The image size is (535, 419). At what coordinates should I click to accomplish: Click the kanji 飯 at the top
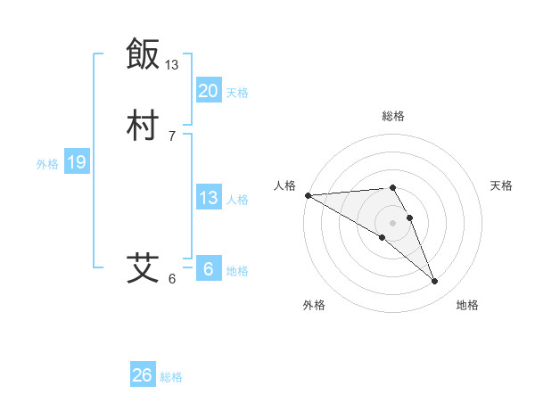point(143,53)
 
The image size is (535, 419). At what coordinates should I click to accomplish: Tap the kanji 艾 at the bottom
point(143,267)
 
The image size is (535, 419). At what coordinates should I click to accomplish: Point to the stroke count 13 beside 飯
point(172,65)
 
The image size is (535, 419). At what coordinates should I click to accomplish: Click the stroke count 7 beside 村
point(172,136)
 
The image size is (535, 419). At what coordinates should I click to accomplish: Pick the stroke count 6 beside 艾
point(172,279)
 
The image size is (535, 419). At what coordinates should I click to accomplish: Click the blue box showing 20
point(208,91)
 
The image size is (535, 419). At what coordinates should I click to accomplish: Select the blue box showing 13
point(208,198)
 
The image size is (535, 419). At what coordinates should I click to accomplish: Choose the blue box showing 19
point(77,162)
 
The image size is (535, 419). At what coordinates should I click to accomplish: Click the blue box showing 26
point(142,375)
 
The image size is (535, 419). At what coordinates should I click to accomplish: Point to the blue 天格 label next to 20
point(237,93)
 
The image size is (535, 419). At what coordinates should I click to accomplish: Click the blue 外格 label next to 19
point(47,164)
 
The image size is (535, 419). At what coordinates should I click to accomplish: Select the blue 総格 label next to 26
point(171,377)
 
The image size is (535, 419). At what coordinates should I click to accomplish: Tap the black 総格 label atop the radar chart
point(393,116)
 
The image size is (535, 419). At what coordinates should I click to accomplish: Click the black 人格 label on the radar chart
point(284,185)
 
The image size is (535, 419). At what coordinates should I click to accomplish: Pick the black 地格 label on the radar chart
point(467,305)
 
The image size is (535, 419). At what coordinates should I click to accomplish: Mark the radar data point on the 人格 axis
point(307,195)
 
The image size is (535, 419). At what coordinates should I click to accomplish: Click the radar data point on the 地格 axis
point(435,282)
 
